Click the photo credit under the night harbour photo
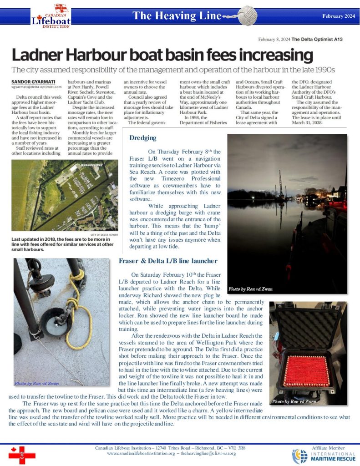(x=250, y=289)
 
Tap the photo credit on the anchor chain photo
(x=36, y=383)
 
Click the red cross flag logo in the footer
(x=22, y=455)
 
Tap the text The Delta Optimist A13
(x=317, y=40)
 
